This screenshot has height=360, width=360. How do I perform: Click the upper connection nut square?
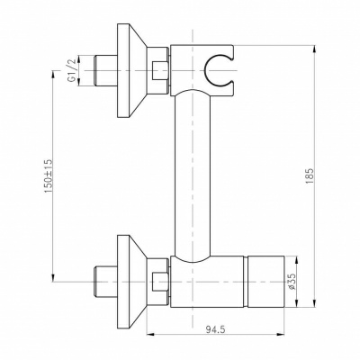pos(160,68)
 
